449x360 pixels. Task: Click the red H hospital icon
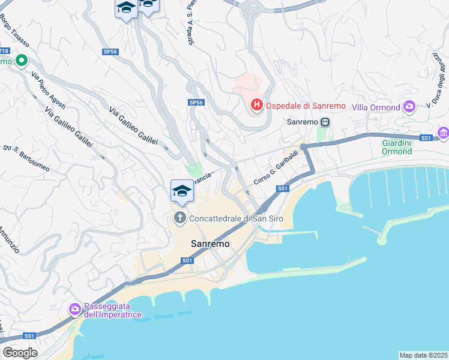coord(256,106)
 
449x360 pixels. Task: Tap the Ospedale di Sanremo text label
coord(306,106)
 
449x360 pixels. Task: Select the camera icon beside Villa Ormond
coord(410,107)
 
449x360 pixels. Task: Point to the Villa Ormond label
coord(376,107)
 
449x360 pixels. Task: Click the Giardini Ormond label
coord(397,147)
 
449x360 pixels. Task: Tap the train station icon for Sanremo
coord(325,122)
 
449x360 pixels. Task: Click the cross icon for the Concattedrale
coord(179,218)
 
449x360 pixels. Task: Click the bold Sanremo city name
coord(210,244)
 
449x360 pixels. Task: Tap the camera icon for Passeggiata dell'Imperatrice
coord(75,310)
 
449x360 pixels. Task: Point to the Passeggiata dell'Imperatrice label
coord(112,310)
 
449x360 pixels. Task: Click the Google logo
coord(20,352)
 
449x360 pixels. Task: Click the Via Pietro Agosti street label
coord(49,90)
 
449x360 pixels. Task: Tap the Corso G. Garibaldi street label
coord(276,172)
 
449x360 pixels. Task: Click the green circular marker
coord(21,60)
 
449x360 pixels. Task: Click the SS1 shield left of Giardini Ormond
coord(426,138)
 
